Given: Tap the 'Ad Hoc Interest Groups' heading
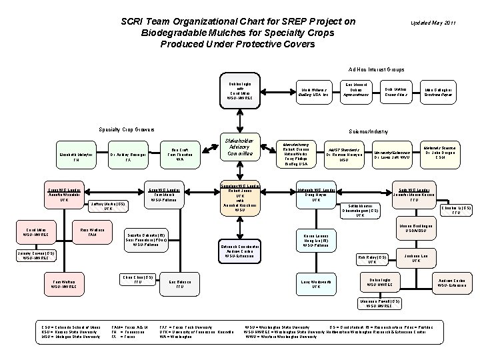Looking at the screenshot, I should (x=377, y=69).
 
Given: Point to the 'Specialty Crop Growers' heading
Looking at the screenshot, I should (x=126, y=129).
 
